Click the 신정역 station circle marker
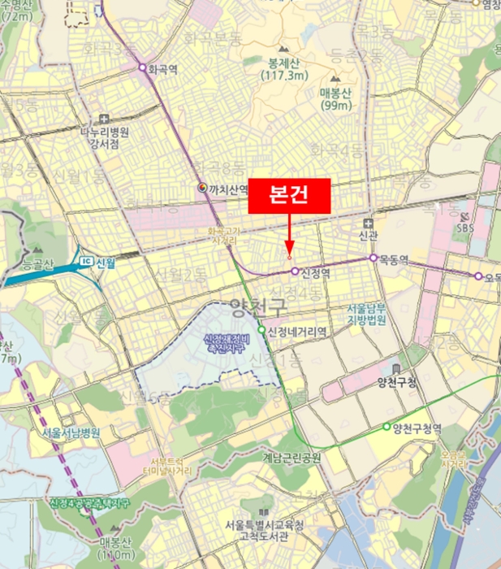[x=294, y=271]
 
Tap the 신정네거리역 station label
[x=297, y=331]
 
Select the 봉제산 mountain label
[x=283, y=63]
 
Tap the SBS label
[x=464, y=228]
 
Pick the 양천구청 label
[x=397, y=383]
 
